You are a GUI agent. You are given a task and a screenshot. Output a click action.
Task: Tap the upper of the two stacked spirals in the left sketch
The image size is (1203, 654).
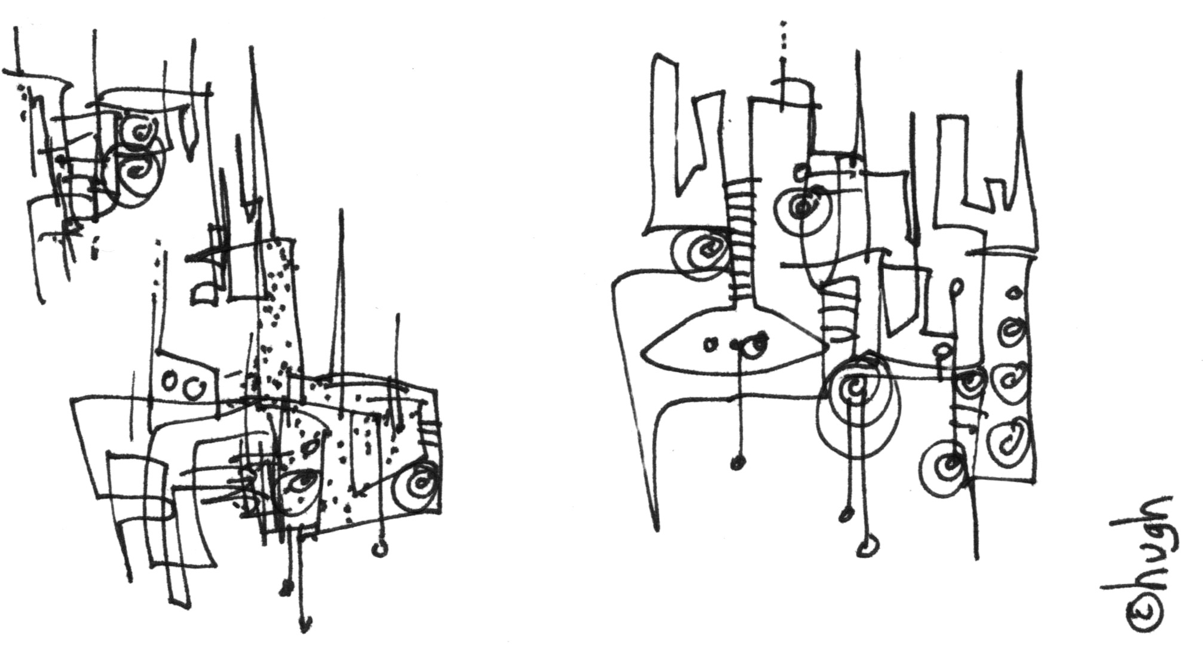pyautogui.click(x=139, y=131)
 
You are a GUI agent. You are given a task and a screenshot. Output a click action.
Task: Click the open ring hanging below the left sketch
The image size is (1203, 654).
pyautogui.click(x=379, y=549)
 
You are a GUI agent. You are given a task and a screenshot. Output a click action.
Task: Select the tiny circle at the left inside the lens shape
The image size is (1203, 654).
pyautogui.click(x=711, y=345)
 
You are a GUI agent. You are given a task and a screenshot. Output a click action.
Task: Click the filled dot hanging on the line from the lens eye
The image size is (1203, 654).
pyautogui.click(x=739, y=461)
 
